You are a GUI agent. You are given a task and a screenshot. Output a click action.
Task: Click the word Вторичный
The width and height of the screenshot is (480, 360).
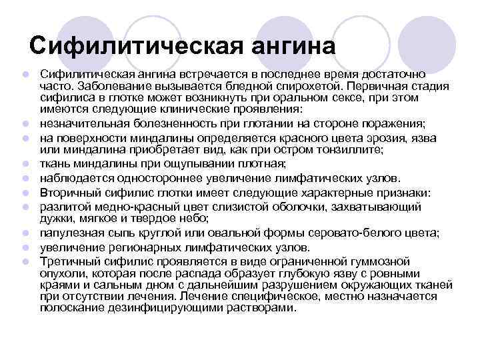tap(69, 193)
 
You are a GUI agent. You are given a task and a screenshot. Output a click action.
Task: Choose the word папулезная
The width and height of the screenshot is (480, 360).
tap(70, 233)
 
